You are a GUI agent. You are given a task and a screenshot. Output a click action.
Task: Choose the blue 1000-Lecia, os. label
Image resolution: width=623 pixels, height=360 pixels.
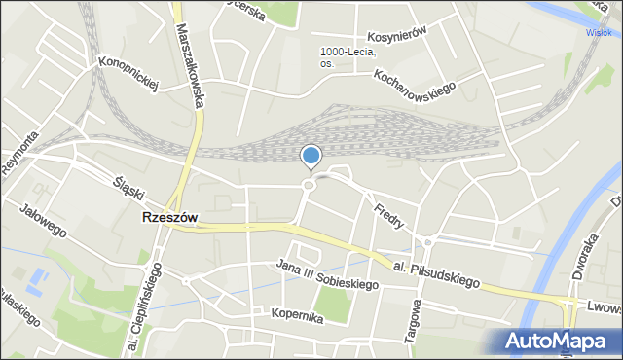tap(348, 57)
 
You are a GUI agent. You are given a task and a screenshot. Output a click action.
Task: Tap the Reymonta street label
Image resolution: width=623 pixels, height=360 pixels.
tap(19, 151)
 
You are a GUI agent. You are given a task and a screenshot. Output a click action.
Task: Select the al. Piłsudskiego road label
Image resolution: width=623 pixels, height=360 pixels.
tap(438, 272)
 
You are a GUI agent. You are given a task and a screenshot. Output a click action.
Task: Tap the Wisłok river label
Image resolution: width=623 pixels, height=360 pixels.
tap(604, 30)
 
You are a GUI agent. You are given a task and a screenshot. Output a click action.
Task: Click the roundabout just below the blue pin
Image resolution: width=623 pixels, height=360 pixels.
tap(310, 185)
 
